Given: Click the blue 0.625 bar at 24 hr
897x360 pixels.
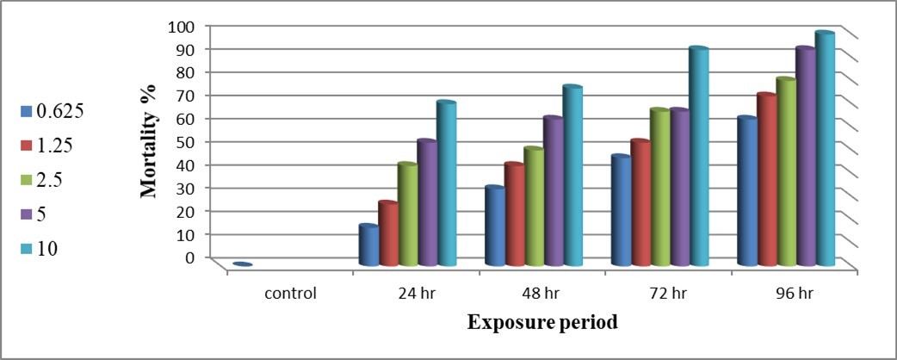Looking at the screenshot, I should (368, 246).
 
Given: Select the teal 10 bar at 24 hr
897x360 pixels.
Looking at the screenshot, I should (446, 184).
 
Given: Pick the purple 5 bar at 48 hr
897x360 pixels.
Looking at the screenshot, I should (553, 191).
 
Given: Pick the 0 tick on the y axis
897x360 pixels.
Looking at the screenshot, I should (189, 257).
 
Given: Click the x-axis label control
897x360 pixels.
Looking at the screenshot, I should (292, 293).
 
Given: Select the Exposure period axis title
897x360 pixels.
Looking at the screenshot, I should (542, 323).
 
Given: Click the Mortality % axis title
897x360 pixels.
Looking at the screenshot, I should (149, 141).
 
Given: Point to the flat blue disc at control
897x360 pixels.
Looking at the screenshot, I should (242, 264).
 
